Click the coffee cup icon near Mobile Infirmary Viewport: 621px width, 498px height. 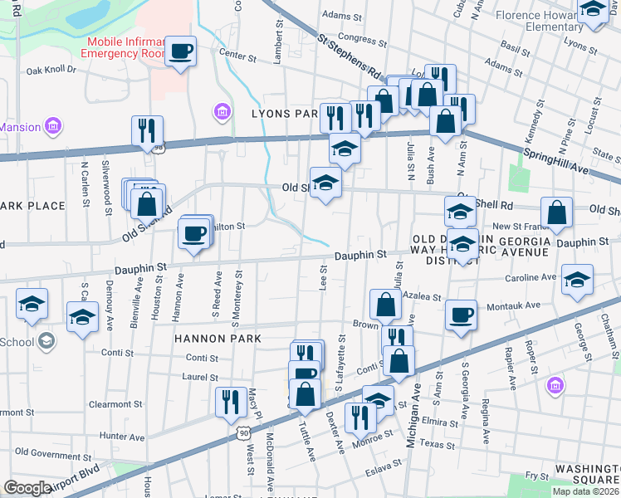(180, 52)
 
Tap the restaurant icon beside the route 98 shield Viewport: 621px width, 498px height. (146, 131)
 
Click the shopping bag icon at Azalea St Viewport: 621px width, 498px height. (386, 304)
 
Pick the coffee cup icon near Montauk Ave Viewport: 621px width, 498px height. (461, 315)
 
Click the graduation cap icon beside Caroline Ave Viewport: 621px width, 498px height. (576, 281)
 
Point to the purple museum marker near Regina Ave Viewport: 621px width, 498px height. (555, 387)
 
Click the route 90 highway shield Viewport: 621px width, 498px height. (242, 433)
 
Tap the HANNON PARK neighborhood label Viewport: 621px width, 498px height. (218, 339)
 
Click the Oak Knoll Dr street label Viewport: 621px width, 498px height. (51, 71)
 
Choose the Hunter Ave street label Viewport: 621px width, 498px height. (121, 437)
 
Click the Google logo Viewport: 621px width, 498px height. (27, 488)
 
